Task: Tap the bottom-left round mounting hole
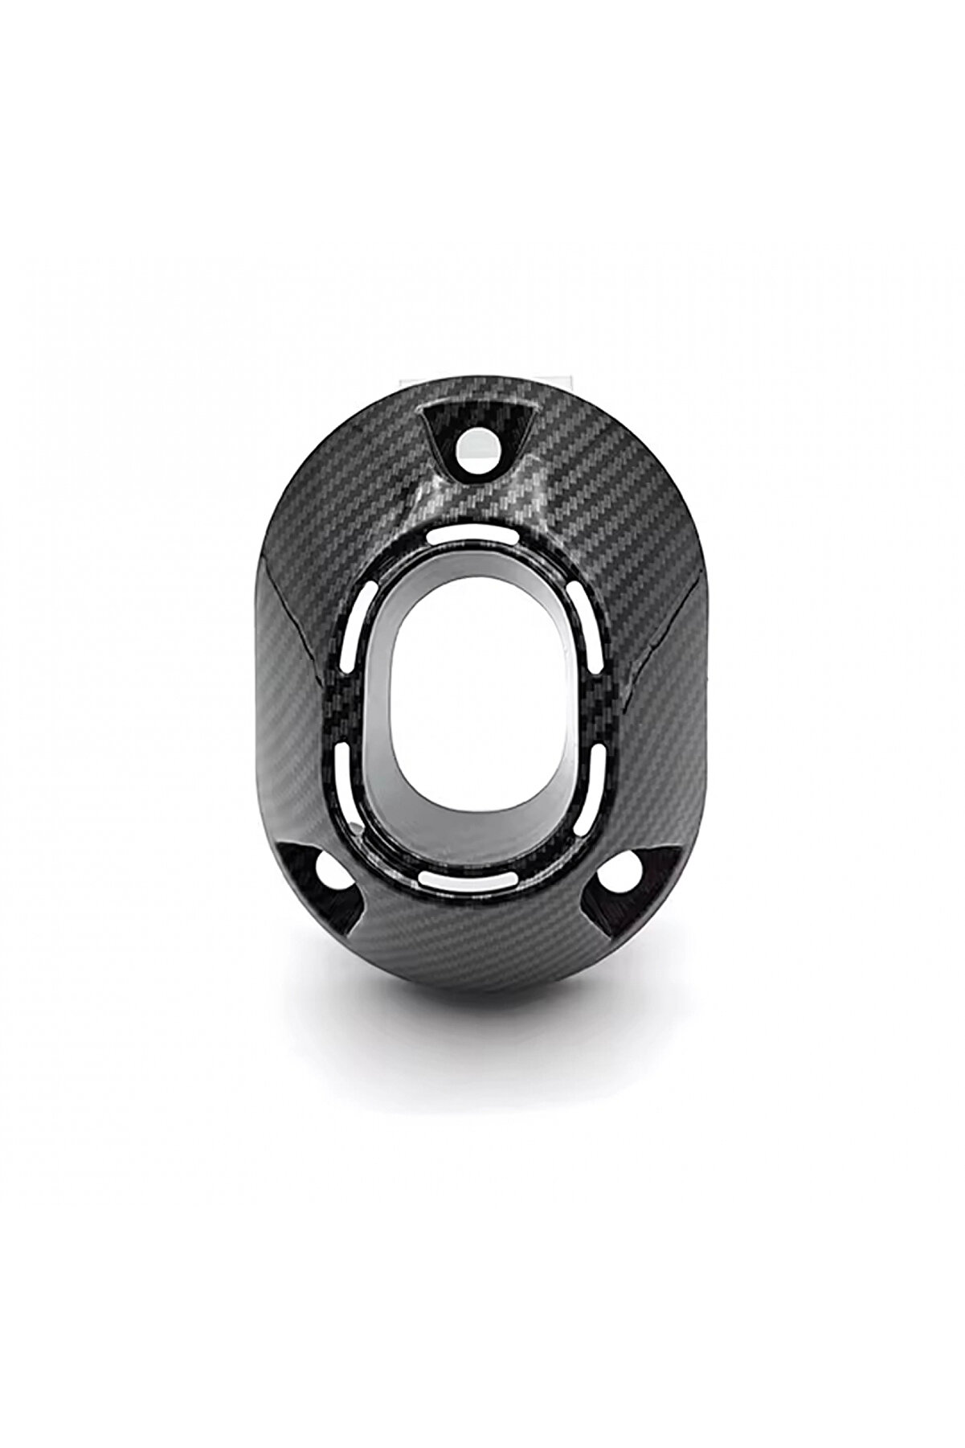tap(327, 868)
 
